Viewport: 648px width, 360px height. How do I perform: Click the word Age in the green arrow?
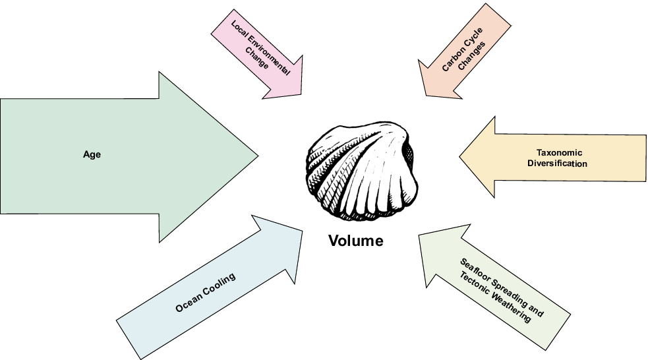pyautogui.click(x=92, y=154)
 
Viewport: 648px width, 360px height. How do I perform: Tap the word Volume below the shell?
pyautogui.click(x=355, y=241)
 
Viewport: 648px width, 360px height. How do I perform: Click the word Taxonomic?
pyautogui.click(x=557, y=152)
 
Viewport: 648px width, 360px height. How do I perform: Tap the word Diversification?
pyautogui.click(x=557, y=164)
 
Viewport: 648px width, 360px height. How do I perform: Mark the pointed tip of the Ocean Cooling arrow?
pyautogui.click(x=302, y=231)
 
